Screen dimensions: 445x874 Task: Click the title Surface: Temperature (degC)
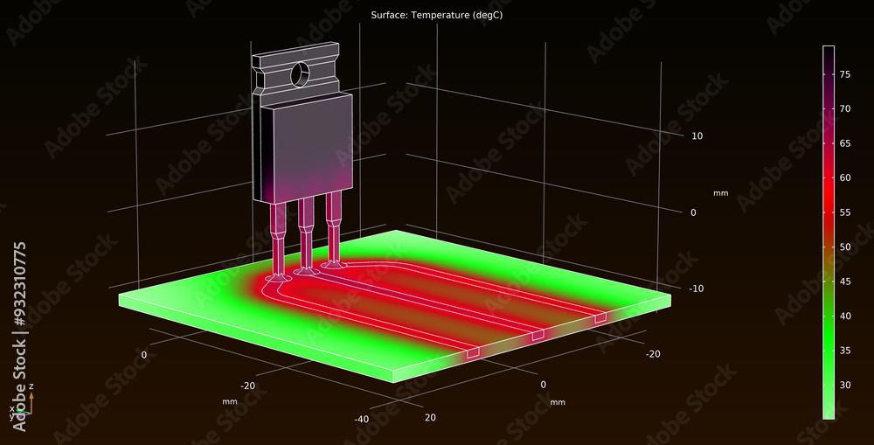[436, 16]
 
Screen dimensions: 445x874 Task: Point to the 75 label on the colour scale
[845, 75]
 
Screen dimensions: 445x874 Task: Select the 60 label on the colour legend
[845, 177]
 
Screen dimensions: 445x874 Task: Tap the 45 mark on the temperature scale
[845, 282]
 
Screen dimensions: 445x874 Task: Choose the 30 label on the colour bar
[845, 385]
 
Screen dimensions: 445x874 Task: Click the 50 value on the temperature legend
[845, 247]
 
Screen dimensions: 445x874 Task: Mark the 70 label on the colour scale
[845, 109]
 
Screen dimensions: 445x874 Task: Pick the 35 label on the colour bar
[845, 351]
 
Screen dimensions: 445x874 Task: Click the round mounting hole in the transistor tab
[300, 74]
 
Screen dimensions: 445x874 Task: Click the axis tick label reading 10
[697, 136]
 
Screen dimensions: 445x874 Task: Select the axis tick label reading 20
[430, 418]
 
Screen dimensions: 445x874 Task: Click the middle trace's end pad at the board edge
[538, 335]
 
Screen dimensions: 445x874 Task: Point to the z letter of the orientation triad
[31, 386]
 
